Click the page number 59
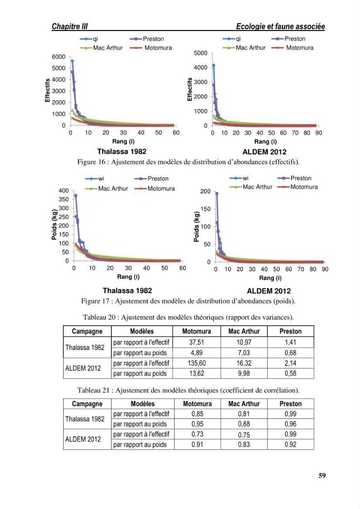(322, 475)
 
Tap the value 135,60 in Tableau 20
(197, 363)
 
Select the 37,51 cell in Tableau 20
(197, 342)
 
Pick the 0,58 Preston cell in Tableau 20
(291, 373)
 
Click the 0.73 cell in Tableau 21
(198, 434)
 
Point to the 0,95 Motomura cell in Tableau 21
(198, 424)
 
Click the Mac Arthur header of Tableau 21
(244, 404)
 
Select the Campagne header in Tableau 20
(87, 331)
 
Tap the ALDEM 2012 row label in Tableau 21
(83, 439)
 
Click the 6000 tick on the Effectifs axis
(59, 57)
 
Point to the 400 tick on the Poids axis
(64, 190)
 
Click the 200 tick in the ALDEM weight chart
(205, 191)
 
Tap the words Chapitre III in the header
(69, 26)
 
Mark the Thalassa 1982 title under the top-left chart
(122, 152)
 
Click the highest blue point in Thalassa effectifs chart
(72, 61)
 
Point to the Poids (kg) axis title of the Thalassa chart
(54, 224)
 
